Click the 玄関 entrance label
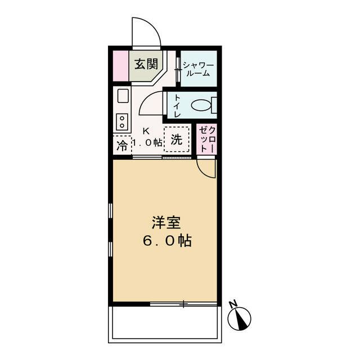pos(145,62)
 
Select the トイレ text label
pos(177,105)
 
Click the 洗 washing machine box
pos(177,140)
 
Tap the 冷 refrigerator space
pos(121,146)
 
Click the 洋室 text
pos(165,222)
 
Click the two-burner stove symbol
pos(121,120)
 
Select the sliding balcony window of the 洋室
pos(183,304)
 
